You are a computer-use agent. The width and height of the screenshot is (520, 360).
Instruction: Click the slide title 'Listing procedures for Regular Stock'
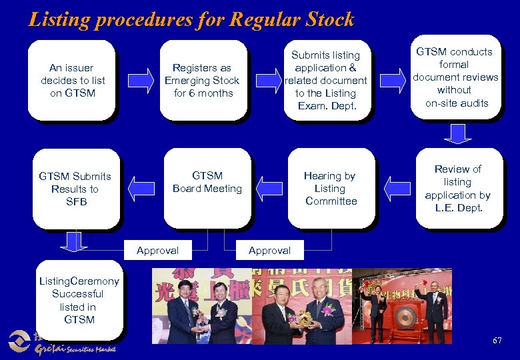click(191, 19)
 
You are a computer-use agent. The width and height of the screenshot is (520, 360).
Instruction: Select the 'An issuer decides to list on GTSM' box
click(73, 80)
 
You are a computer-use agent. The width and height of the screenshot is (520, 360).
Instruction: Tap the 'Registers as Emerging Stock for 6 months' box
click(202, 80)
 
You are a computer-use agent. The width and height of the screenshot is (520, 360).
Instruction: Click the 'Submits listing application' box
click(326, 80)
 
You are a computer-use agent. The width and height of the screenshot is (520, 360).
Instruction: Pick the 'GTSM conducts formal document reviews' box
click(457, 77)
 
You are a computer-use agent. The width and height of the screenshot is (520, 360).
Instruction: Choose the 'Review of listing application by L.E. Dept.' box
click(457, 188)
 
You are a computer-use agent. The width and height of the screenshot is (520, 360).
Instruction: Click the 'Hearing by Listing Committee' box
click(331, 188)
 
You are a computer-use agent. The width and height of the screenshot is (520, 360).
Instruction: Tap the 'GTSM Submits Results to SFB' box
click(75, 189)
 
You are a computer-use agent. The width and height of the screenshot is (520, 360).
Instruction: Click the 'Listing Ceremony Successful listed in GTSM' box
click(78, 300)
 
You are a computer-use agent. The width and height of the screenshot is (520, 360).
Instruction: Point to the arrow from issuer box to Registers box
click(139, 81)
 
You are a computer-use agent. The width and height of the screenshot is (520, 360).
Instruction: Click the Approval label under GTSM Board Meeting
click(157, 251)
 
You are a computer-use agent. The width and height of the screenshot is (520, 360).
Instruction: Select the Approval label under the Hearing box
click(269, 251)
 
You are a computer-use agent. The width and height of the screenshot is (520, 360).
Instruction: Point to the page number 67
click(497, 341)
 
